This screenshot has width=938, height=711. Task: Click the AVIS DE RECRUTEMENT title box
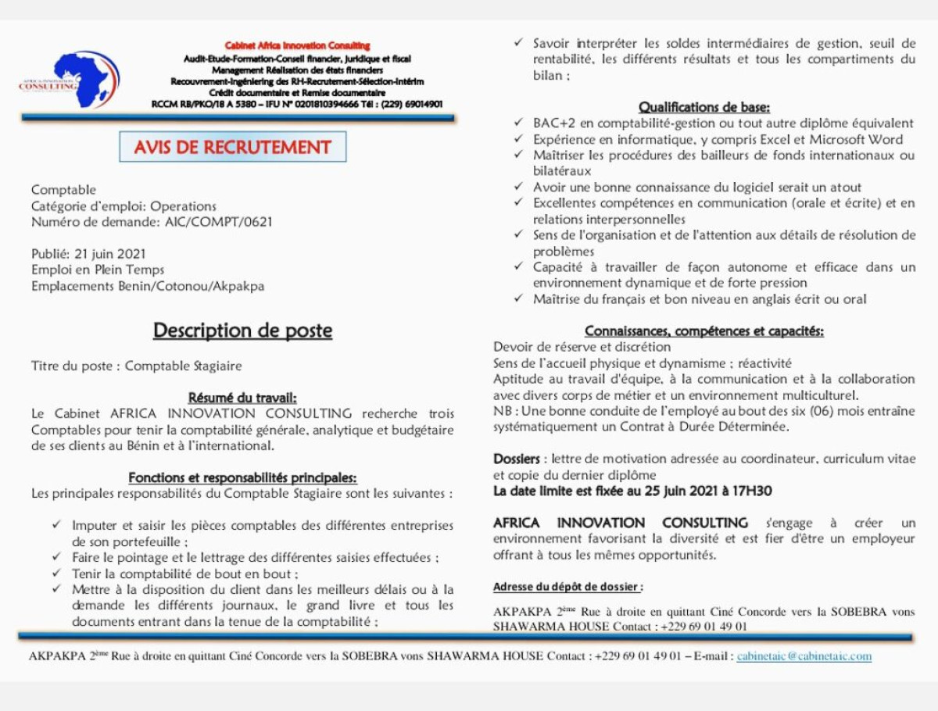coord(232,147)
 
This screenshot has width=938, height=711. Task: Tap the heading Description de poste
coord(242,330)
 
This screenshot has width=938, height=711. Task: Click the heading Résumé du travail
coord(242,398)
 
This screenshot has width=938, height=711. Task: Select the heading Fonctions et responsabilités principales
coord(242,477)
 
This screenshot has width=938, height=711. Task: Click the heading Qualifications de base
coord(704,107)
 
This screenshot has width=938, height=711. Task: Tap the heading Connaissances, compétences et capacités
coord(704,331)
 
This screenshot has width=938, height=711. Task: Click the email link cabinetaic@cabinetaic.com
coord(804,656)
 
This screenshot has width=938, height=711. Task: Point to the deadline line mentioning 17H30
coord(632,491)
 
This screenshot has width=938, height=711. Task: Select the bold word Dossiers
coord(516,459)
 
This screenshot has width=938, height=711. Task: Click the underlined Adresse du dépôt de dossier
coord(568,587)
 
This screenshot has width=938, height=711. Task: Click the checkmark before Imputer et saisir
coord(56,525)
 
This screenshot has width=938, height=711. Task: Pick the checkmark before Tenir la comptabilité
coord(56,573)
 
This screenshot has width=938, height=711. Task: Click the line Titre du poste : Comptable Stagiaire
coord(137,366)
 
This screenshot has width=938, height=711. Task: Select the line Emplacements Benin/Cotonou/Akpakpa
coord(148,286)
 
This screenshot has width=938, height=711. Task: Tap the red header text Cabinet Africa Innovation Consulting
coord(297,46)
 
